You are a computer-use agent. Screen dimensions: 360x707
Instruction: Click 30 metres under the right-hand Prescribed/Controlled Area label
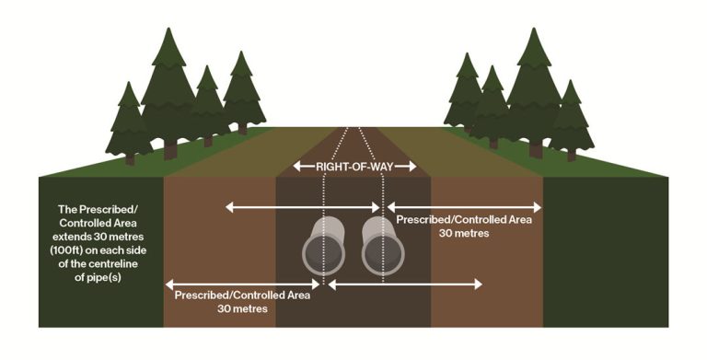tap(457, 234)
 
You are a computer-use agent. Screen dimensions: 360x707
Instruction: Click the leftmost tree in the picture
tap(129, 115)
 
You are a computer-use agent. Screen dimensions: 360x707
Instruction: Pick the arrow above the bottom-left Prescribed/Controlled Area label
tap(243, 283)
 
